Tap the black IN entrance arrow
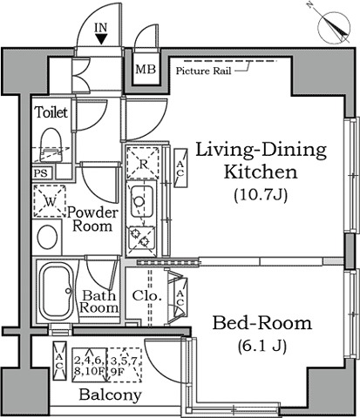101,39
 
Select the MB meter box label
146,69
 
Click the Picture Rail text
203,71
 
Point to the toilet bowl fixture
51,145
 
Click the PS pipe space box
43,173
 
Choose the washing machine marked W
50,201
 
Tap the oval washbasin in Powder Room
47,237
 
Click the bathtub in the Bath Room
56,292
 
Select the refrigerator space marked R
143,163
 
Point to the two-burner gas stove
142,238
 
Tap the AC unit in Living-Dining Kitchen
180,168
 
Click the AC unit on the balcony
59,361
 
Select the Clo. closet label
146,296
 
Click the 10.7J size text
261,195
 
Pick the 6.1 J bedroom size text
262,346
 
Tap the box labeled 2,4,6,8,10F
90,365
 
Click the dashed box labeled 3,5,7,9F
125,365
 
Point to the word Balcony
110,394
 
